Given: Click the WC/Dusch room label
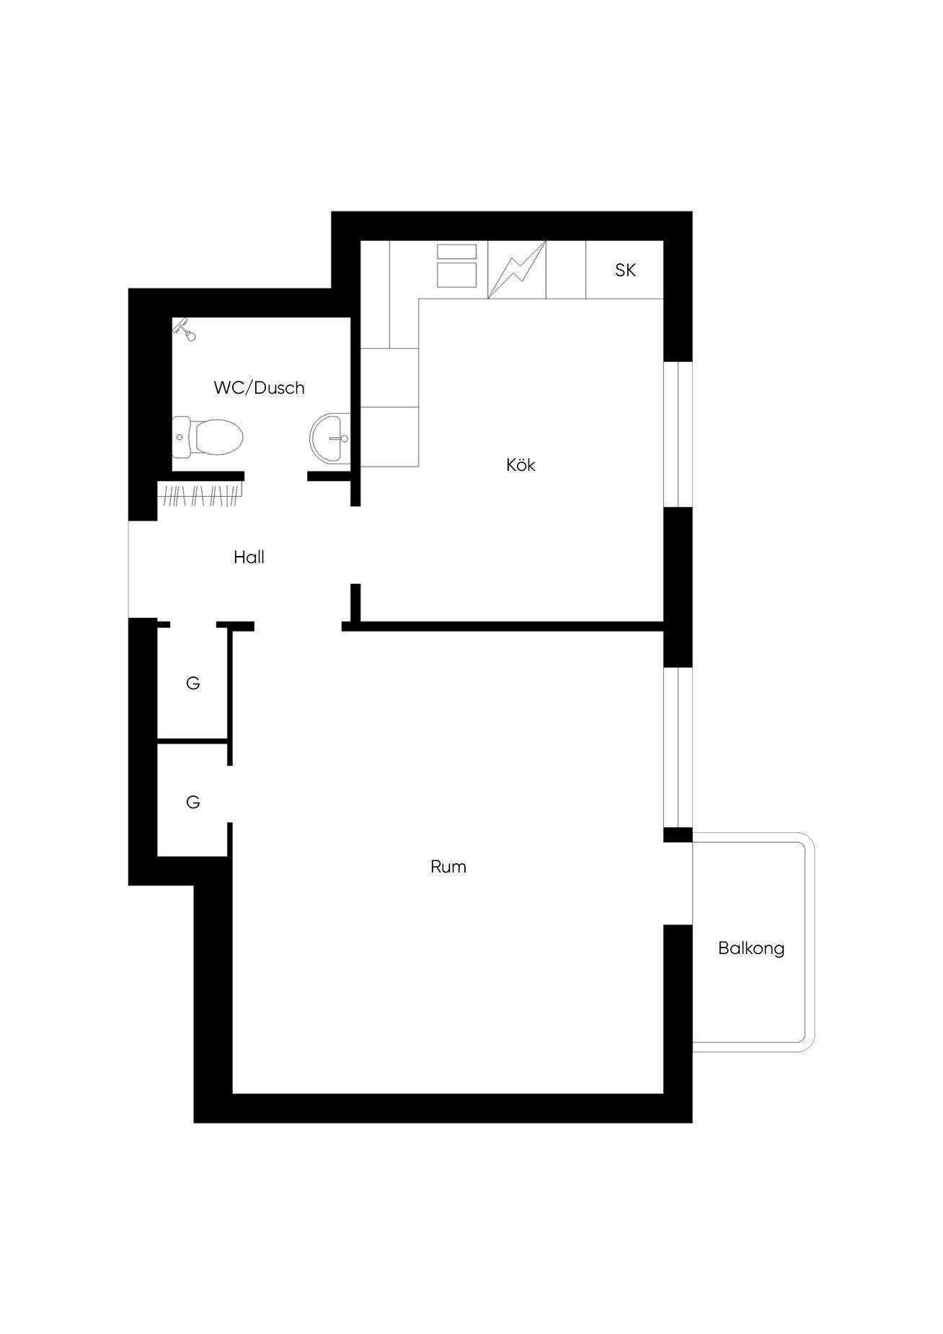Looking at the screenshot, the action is point(259,388).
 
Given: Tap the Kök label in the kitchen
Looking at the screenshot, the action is point(521,465).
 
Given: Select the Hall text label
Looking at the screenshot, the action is point(249,557).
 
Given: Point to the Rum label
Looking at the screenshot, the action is point(448,867).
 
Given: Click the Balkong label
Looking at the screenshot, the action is point(751,948).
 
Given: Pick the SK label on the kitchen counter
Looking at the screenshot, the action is point(625,270).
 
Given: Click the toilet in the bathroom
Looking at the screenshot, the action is point(208,437).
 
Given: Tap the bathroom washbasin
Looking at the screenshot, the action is point(331,438).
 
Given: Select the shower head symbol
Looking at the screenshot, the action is point(185,330).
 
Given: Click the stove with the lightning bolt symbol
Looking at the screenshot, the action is point(517,270).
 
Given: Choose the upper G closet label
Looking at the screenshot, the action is point(192,683).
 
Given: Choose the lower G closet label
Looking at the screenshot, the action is point(192,802).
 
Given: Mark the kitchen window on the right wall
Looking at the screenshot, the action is point(678,434).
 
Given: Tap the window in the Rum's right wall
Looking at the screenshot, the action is point(678,747).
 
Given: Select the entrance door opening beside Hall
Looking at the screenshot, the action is point(143,569).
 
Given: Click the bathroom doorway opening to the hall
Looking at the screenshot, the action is point(276,477).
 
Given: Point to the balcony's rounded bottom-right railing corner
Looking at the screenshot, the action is point(807,1045).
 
